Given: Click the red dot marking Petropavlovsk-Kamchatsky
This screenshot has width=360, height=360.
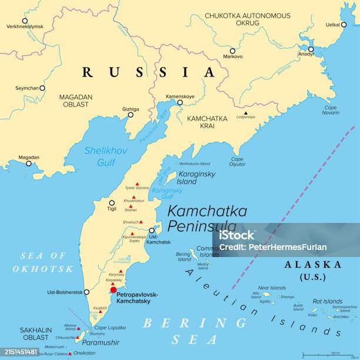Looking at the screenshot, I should (x=114, y=289).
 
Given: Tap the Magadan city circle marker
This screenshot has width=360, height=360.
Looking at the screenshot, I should (x=28, y=164).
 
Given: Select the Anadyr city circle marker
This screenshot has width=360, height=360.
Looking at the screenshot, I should (x=311, y=49).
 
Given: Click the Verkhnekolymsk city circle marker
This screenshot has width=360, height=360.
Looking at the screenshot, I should (x=25, y=21).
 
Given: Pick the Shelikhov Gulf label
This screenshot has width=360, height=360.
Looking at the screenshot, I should (x=99, y=156).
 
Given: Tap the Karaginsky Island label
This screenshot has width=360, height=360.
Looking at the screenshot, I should (x=196, y=178).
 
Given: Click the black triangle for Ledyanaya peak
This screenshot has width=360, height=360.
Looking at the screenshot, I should (x=246, y=113).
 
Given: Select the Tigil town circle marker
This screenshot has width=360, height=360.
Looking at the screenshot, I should (x=112, y=203).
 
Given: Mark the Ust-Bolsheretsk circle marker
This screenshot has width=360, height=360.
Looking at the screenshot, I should (x=86, y=292).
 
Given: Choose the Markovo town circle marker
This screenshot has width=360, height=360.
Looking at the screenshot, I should (x=232, y=51).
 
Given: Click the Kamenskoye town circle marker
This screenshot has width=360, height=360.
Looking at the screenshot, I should (x=180, y=102).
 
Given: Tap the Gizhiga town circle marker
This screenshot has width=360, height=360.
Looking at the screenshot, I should (x=131, y=116).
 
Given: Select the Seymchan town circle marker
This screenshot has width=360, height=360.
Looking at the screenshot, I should (x=42, y=88).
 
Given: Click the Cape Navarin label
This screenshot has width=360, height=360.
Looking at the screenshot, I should (x=331, y=110).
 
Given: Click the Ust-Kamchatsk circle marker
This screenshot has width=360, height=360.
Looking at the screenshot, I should (x=151, y=231).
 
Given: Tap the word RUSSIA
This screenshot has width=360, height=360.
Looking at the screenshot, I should (x=149, y=72).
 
